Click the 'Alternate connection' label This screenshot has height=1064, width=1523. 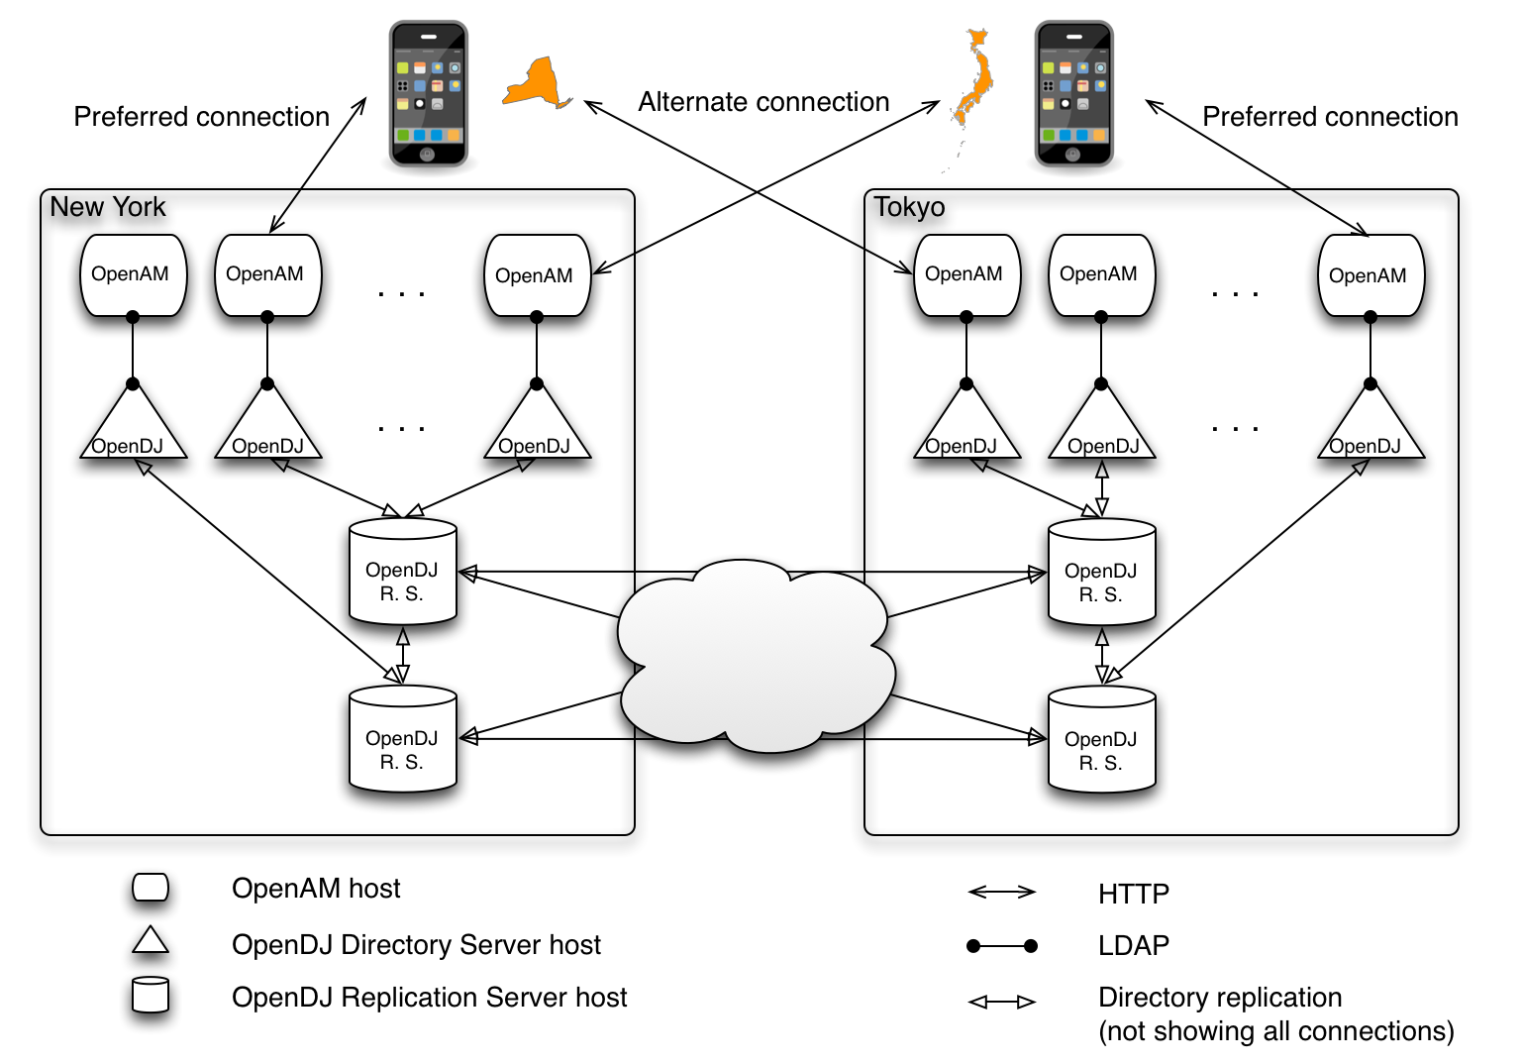[763, 102]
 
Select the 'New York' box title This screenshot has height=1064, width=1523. [107, 207]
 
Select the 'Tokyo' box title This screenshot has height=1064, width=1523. [909, 207]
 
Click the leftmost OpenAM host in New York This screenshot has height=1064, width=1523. [133, 275]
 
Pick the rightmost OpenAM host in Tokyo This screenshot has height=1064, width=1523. [1371, 275]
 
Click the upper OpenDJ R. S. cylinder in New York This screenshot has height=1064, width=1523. [402, 572]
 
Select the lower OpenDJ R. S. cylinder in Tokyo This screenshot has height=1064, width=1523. [1101, 740]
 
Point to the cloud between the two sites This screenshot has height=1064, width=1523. [755, 657]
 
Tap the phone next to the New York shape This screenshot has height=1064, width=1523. [429, 93]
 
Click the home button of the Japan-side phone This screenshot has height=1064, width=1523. [1072, 154]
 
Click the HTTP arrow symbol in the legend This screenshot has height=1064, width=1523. [1001, 892]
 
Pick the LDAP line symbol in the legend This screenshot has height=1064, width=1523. [1001, 946]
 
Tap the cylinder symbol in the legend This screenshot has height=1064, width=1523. [151, 995]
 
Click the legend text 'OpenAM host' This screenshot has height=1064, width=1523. [316, 889]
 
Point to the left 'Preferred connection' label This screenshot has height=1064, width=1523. [201, 117]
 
